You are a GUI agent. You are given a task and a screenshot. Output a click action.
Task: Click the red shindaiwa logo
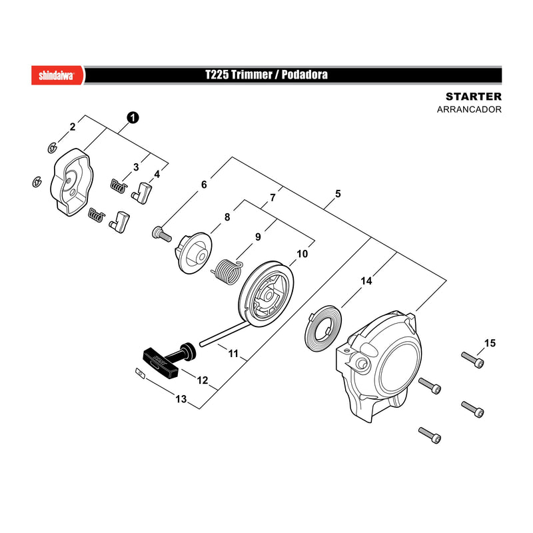pos(57,75)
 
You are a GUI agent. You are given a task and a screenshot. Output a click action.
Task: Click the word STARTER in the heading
pos(474,97)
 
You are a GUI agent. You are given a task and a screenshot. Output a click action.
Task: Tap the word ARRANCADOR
pos(469,109)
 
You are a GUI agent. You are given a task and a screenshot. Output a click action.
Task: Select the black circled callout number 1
pos(133,118)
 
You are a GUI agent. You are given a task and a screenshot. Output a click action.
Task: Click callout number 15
pos(490,343)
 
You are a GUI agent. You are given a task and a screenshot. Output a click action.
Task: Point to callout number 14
pos(366,280)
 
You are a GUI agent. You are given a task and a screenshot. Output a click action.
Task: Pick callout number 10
pos(302,254)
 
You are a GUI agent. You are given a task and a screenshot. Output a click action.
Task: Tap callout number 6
pos(204,185)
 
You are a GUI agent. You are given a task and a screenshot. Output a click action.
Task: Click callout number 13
pos(181,398)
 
